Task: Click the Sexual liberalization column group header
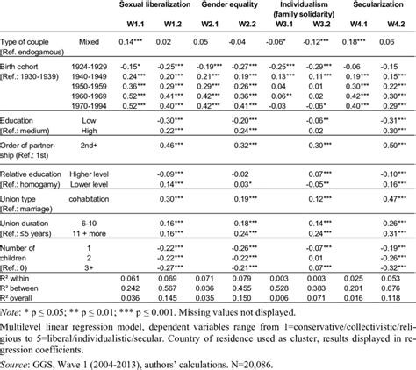(156, 5)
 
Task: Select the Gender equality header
(233, 5)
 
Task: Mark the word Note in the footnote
(11, 310)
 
